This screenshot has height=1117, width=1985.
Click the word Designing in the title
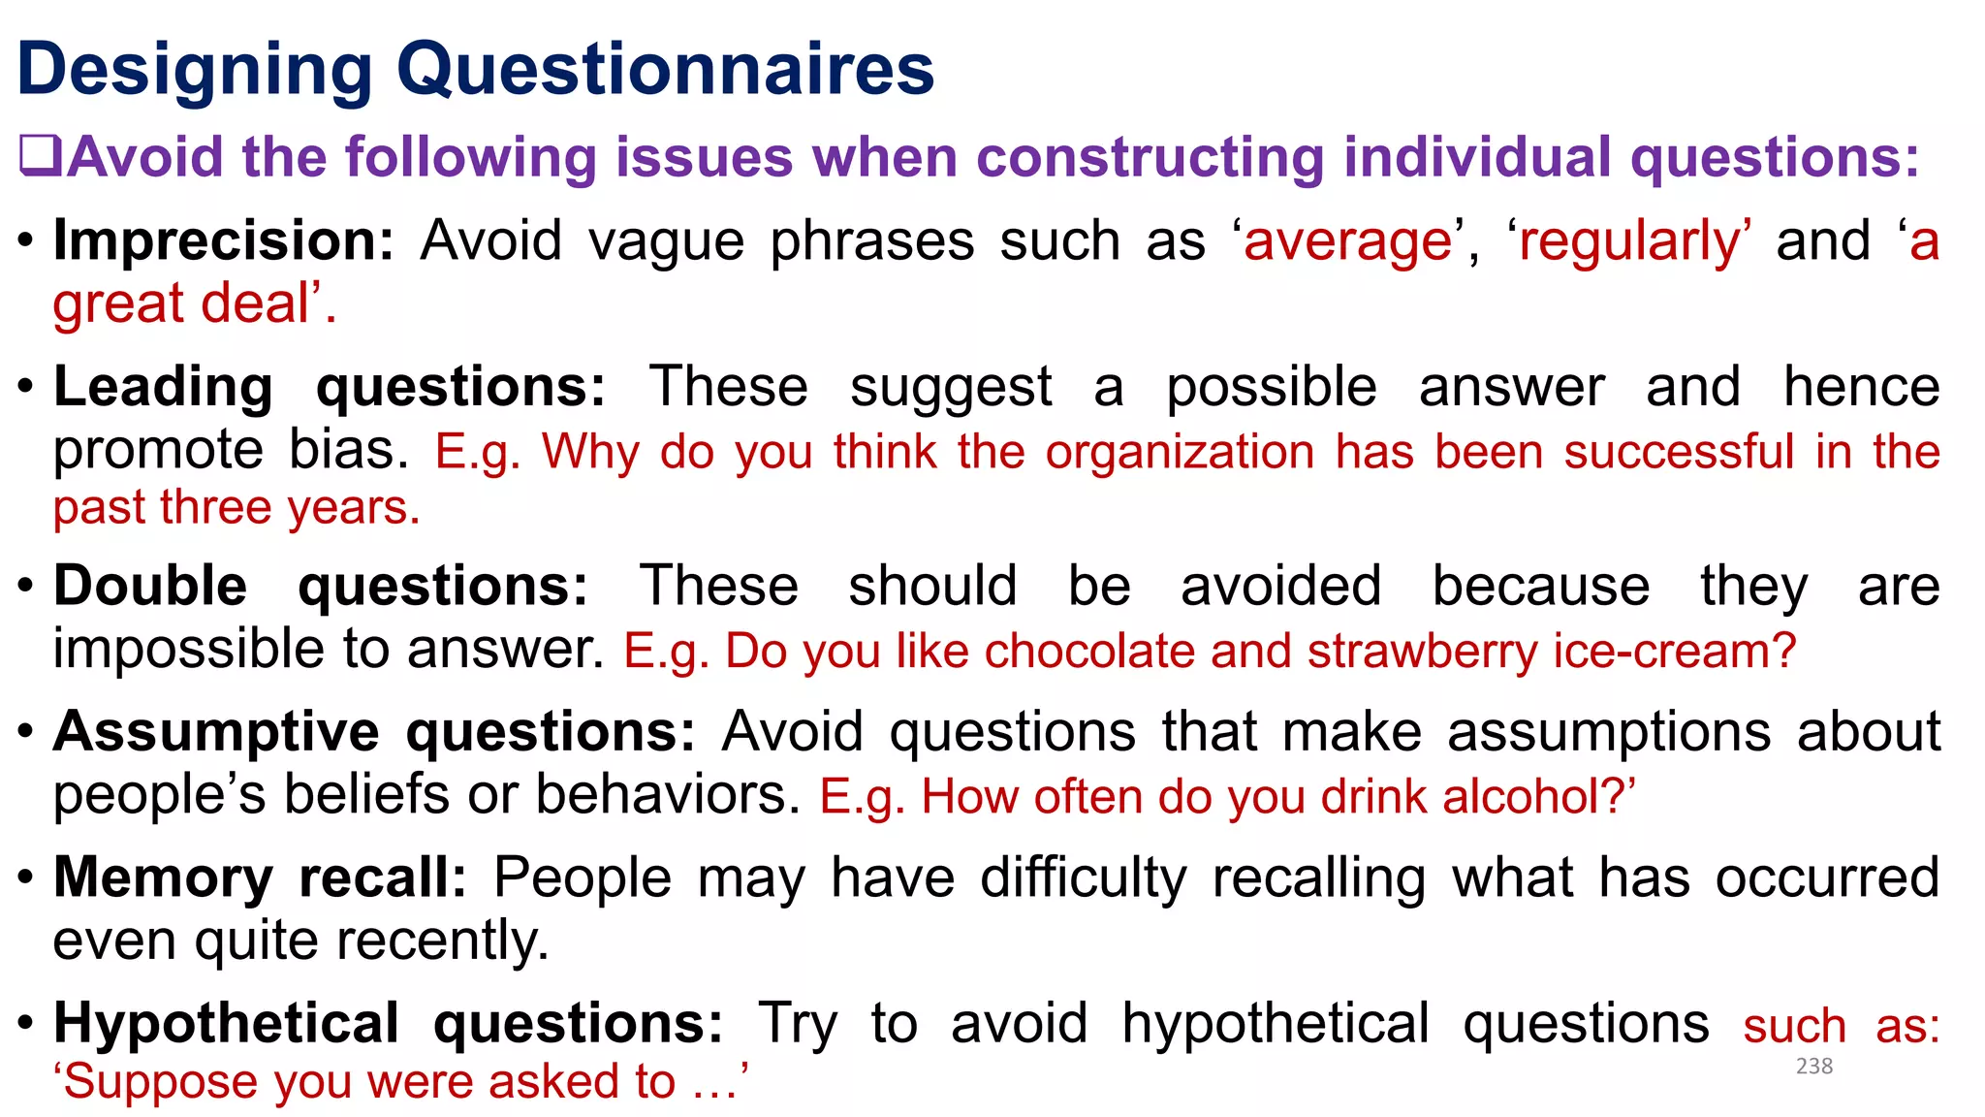(195, 70)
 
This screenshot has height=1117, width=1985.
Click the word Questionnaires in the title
(666, 70)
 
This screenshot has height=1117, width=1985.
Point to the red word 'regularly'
(1630, 241)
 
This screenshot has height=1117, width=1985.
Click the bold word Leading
(163, 387)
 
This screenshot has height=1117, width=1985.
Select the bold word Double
(150, 586)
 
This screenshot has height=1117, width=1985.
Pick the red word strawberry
(1422, 651)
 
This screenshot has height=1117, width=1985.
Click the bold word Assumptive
(216, 731)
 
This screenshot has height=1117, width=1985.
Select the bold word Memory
(163, 878)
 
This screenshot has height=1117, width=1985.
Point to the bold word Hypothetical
(226, 1023)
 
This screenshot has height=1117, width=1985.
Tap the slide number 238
(1813, 1067)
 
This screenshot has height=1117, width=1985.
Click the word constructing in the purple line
(1150, 157)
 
